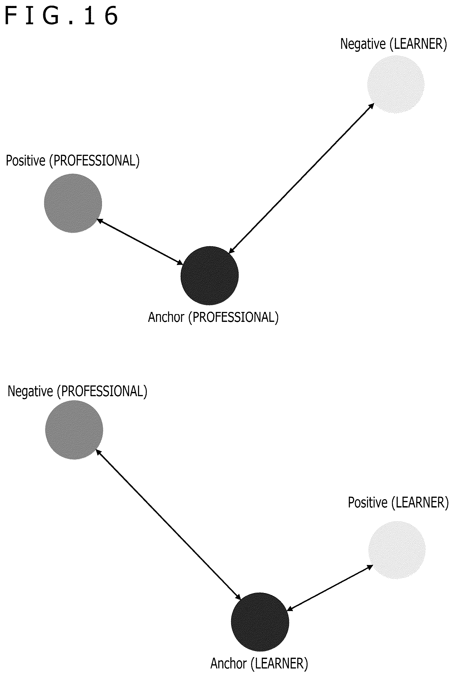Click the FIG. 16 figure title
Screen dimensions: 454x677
[61, 16]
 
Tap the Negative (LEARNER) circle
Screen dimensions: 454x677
[396, 84]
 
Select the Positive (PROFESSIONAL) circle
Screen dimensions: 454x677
[73, 203]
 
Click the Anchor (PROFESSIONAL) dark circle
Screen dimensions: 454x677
[210, 275]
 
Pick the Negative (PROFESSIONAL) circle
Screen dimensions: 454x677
[74, 430]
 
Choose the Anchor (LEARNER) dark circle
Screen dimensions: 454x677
[260, 622]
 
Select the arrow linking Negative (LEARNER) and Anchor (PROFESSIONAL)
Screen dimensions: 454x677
[301, 178]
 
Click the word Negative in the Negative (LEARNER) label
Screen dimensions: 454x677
[363, 44]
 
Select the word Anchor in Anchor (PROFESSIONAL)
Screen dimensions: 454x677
[166, 317]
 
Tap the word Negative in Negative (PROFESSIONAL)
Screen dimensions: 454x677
[30, 391]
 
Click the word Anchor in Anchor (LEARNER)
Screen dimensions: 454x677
[228, 663]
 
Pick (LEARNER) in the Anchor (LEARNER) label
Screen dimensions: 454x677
[279, 664]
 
